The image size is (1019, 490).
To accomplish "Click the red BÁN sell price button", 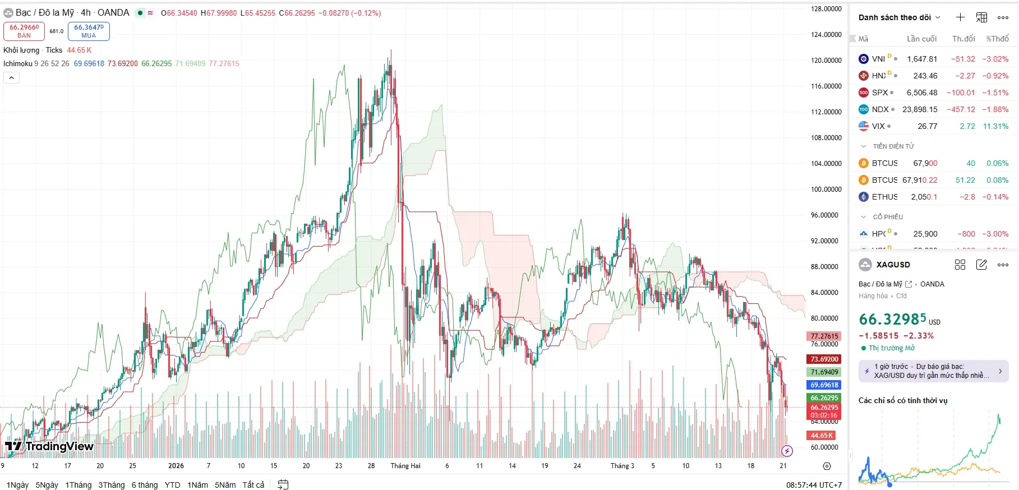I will (24, 31).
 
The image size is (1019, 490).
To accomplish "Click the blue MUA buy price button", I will (89, 31).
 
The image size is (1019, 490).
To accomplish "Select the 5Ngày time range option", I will (47, 485).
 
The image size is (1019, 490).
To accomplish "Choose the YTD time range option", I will (172, 485).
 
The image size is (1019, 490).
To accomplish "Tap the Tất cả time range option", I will (253, 485).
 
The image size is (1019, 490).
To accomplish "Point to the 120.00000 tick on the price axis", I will (826, 61).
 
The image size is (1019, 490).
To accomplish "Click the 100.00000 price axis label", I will (826, 189).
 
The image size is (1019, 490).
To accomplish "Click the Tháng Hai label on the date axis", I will (405, 466).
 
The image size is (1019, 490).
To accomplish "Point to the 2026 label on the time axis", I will (176, 466).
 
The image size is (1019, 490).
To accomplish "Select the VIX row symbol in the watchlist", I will (878, 126).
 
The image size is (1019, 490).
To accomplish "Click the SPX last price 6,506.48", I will (922, 93).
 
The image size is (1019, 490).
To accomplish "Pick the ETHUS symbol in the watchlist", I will (884, 197).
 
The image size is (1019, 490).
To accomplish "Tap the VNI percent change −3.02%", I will (995, 59).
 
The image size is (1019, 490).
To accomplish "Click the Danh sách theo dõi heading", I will (894, 17).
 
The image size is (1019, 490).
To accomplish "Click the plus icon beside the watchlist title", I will (960, 17).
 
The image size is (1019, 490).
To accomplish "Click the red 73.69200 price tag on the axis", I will (824, 359).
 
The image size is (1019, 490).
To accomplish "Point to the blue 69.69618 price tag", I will (824, 385).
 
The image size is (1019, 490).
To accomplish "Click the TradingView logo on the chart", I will (49, 446).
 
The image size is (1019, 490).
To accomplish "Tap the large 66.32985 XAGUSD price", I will (892, 320).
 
